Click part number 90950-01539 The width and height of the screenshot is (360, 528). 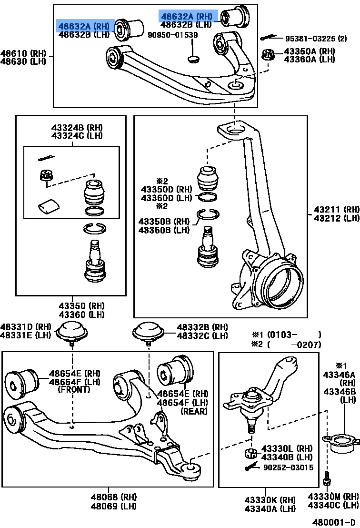click(x=173, y=35)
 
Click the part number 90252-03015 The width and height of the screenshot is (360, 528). click(x=288, y=467)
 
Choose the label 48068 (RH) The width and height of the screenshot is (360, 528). click(x=107, y=497)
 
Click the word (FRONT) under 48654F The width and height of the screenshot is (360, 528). click(x=73, y=389)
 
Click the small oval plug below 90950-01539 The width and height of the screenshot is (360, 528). click(x=194, y=59)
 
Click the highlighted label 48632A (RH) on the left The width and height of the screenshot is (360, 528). click(x=84, y=26)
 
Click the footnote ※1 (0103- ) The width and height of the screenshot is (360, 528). click(x=286, y=335)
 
